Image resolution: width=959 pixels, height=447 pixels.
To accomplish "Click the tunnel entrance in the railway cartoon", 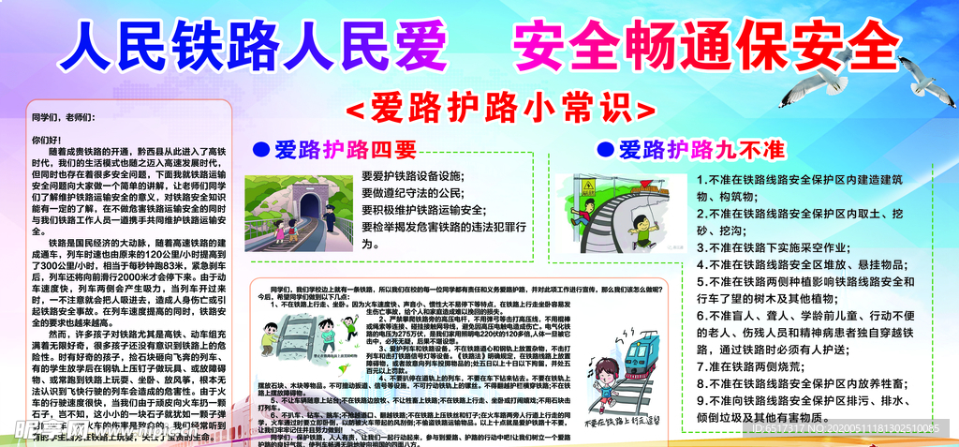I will tap(309, 202).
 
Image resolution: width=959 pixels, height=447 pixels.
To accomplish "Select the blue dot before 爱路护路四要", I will tap(259, 150).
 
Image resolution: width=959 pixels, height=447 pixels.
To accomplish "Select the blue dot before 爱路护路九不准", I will tap(605, 150).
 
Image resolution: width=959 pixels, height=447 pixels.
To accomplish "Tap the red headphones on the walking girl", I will tap(600, 375).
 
